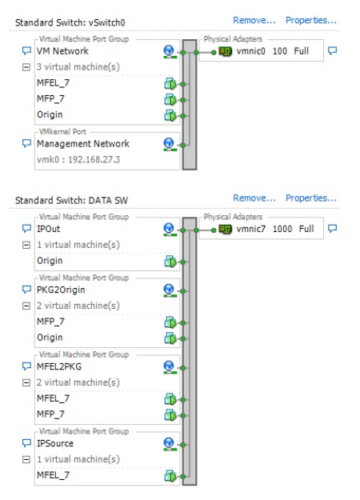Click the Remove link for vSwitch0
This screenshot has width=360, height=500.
point(254,21)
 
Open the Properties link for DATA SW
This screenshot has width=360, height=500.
point(311,198)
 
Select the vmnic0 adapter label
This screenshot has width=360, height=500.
point(250,51)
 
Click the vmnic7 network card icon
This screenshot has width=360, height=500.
point(225,229)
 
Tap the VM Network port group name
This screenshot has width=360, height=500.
point(62,51)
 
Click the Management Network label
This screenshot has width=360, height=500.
point(83,144)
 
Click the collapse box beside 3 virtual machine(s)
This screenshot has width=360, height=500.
point(26,67)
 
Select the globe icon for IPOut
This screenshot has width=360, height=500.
point(170,230)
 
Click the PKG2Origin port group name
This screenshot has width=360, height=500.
point(61,290)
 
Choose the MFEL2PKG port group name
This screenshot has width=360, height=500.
point(59,366)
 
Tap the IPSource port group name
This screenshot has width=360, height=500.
point(55,443)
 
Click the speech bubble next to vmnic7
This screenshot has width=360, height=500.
point(332,229)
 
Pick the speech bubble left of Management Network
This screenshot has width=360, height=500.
point(26,143)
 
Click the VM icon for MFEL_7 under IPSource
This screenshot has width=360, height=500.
point(170,477)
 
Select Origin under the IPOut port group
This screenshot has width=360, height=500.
point(50,261)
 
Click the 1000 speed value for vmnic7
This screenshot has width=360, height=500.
point(282,229)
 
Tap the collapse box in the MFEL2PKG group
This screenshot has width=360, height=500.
point(26,382)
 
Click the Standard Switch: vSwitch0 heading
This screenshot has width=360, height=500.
point(70,22)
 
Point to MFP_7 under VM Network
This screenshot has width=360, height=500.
point(50,99)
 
